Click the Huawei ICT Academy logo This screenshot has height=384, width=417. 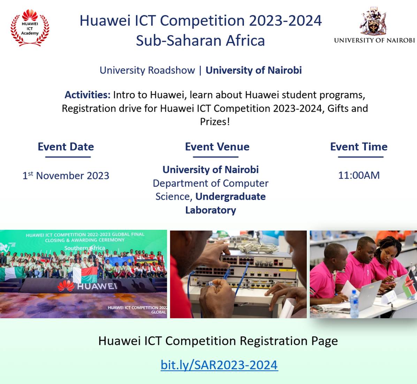pos(30,28)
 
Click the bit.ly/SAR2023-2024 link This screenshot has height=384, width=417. pos(219,365)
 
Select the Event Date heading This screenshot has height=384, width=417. pos(66,147)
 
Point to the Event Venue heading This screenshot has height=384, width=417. pos(217,147)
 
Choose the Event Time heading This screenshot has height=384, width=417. pos(359,147)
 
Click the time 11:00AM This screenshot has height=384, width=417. pos(359,175)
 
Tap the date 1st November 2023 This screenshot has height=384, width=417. pos(66,175)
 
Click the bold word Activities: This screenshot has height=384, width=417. pos(88,95)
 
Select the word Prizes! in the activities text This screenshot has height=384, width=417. pos(215,122)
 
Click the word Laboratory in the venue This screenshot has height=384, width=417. pos(211,210)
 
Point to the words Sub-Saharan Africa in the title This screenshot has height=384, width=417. pos(200,41)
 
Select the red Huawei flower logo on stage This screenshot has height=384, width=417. pos(66,286)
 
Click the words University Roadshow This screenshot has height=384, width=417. pos(147,70)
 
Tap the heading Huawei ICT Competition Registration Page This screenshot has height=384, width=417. pos(218,341)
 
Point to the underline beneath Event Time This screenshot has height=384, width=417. pos(361,157)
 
